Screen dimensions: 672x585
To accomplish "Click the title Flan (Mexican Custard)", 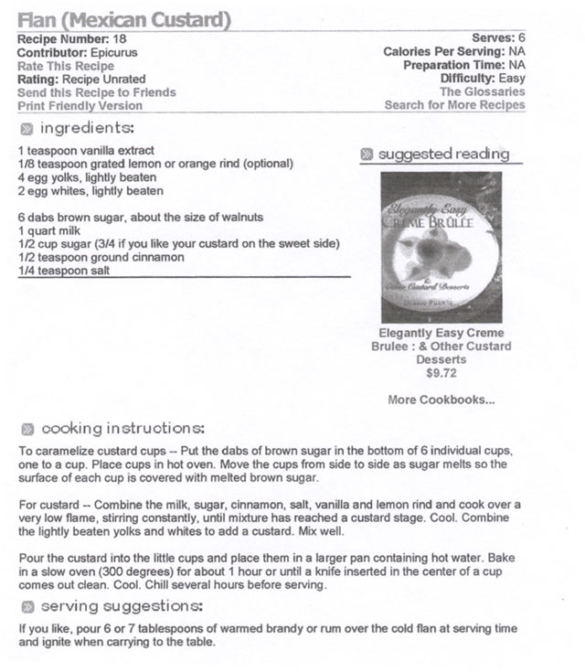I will (x=123, y=19).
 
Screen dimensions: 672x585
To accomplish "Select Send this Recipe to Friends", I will (x=96, y=92).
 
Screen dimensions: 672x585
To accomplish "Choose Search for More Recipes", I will (x=454, y=105).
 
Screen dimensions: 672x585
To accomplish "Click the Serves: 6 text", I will (x=498, y=39).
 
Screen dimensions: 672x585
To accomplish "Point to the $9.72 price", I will (x=441, y=372).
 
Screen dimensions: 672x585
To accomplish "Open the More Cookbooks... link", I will (x=441, y=400).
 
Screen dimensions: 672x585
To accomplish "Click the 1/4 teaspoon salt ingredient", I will (x=59, y=271).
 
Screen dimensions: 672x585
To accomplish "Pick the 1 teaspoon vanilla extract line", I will (x=86, y=150).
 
